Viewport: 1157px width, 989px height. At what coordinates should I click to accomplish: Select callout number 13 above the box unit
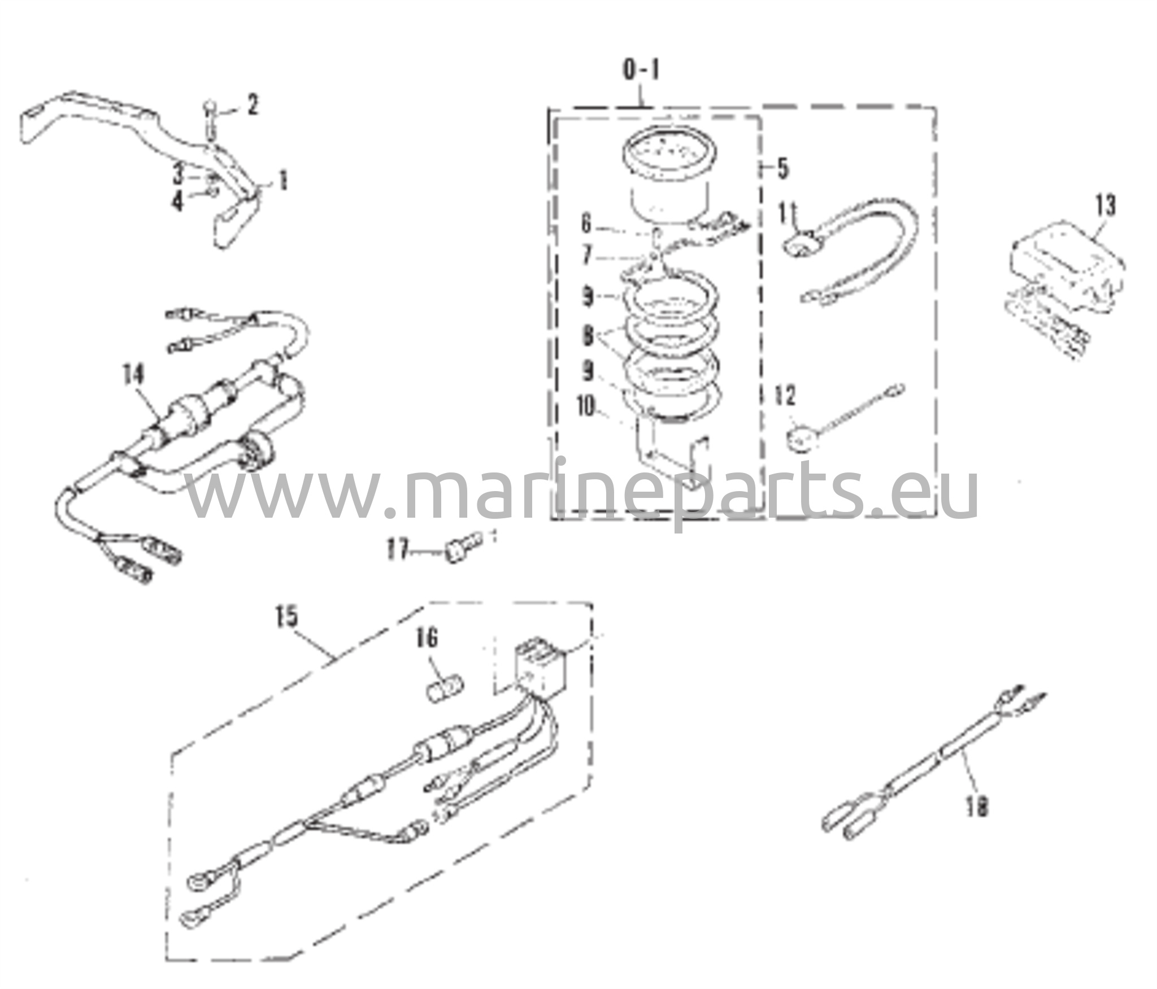tap(1106, 206)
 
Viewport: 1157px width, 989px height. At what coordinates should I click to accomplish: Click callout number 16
tap(427, 639)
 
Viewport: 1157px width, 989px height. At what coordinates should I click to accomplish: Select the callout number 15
tap(287, 617)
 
